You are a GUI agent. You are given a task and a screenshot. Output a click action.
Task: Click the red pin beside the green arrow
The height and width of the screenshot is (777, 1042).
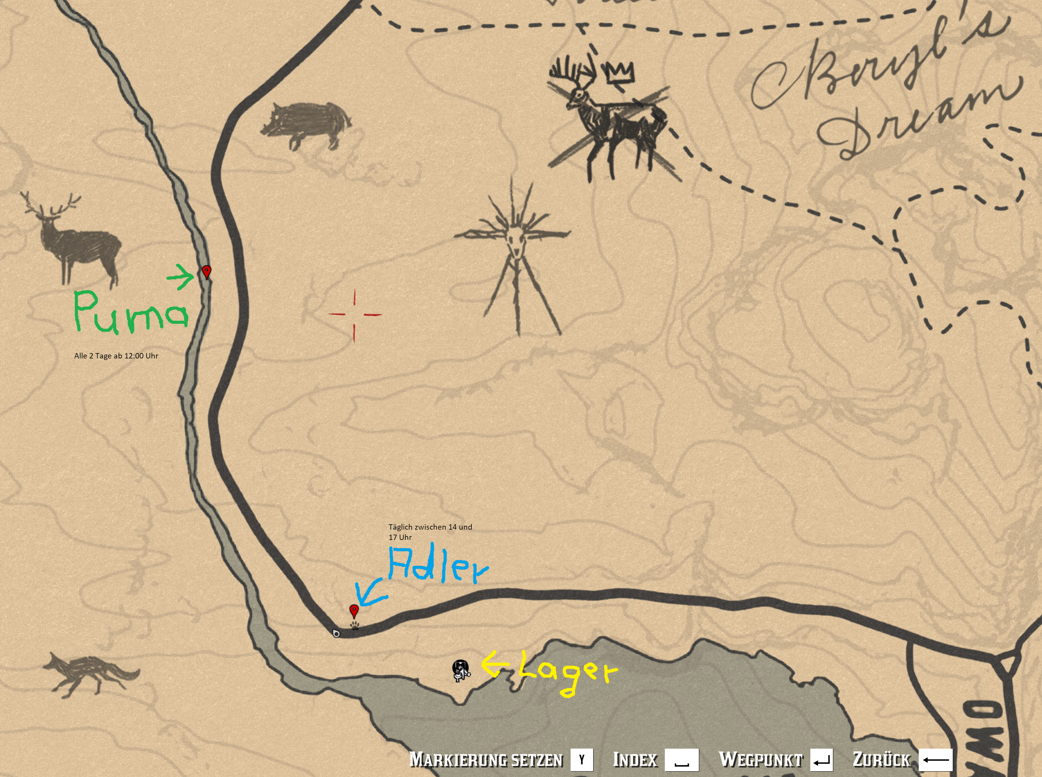click(206, 272)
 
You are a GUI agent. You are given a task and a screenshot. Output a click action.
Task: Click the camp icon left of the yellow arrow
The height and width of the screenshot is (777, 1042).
click(461, 670)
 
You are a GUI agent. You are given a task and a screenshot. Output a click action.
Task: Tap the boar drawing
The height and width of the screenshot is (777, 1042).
click(306, 124)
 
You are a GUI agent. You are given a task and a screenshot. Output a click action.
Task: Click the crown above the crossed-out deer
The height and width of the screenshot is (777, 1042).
click(620, 73)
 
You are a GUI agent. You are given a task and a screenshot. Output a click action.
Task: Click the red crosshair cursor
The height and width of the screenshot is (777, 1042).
click(355, 314)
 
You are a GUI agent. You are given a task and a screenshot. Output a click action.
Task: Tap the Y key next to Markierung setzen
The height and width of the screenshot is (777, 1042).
click(582, 760)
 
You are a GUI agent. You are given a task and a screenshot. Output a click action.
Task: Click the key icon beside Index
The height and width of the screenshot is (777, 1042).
click(681, 760)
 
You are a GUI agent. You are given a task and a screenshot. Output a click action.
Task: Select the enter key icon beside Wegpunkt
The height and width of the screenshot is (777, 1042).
click(821, 760)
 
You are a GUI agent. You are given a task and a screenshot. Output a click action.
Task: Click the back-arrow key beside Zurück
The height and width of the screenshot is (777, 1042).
click(935, 760)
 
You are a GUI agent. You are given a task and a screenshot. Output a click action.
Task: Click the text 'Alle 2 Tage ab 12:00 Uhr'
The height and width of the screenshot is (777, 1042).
click(116, 356)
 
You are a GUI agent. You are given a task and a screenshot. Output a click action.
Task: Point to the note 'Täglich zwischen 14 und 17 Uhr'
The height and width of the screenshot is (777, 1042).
click(430, 532)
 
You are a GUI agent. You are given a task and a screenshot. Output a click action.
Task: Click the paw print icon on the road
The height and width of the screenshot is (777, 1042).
click(355, 626)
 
